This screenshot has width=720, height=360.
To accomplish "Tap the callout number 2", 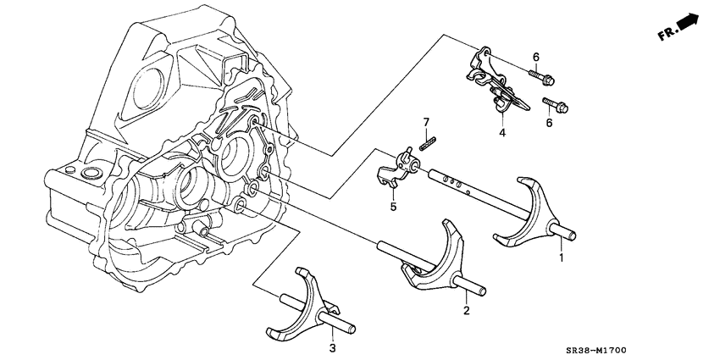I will [x=465, y=311].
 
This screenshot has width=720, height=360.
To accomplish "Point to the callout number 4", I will [x=501, y=133].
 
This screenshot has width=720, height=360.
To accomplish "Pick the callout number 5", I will [x=393, y=206].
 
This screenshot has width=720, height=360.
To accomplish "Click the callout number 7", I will [x=428, y=123].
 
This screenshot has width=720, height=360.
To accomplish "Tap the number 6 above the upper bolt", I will [x=535, y=57].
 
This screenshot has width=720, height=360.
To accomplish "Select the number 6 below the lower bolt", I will [x=549, y=124].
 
